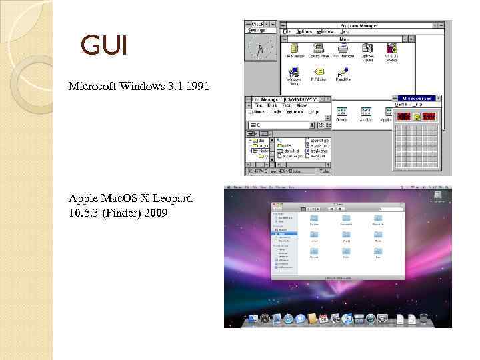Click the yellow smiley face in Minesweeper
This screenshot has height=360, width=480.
(x=417, y=116)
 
